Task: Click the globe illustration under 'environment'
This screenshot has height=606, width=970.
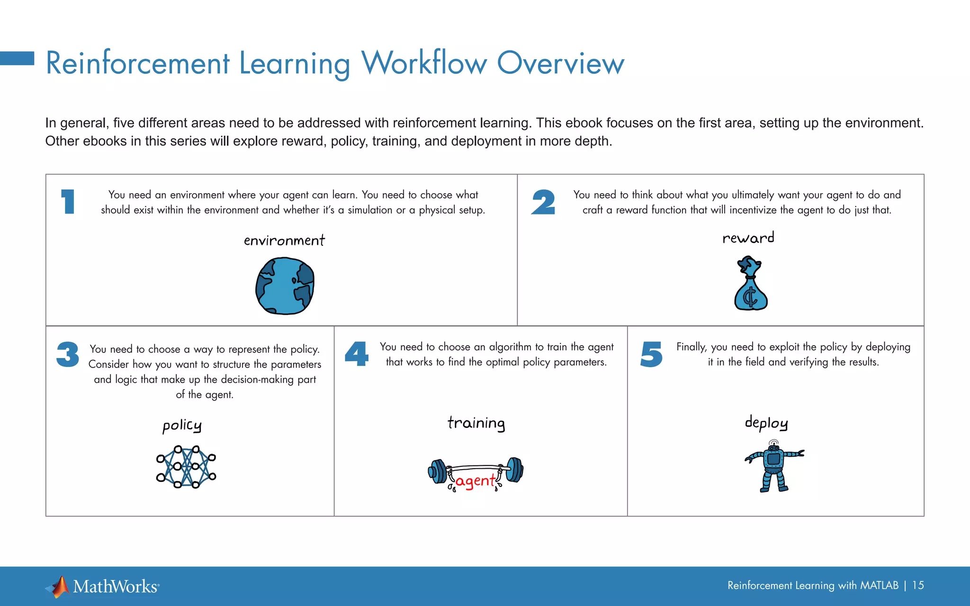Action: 285,286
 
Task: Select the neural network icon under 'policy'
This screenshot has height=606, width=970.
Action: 186,467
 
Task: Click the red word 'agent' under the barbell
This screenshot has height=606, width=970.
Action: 475,481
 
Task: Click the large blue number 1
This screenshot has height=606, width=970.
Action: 68,202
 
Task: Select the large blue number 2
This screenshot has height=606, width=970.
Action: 543,202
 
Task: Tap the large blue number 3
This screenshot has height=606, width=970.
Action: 68,355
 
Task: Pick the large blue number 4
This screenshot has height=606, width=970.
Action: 357,354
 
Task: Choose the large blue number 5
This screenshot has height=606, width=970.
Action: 651,355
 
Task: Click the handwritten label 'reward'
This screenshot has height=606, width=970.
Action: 748,238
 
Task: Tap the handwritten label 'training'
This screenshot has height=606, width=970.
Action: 476,423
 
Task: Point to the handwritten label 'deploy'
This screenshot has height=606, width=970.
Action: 766,423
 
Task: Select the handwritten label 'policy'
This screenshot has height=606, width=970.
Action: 182,426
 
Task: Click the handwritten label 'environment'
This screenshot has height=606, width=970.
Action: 284,241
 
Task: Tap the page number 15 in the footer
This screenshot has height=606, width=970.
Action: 918,586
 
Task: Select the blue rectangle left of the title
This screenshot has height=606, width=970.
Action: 17,58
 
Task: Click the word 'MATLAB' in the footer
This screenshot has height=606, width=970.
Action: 879,586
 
